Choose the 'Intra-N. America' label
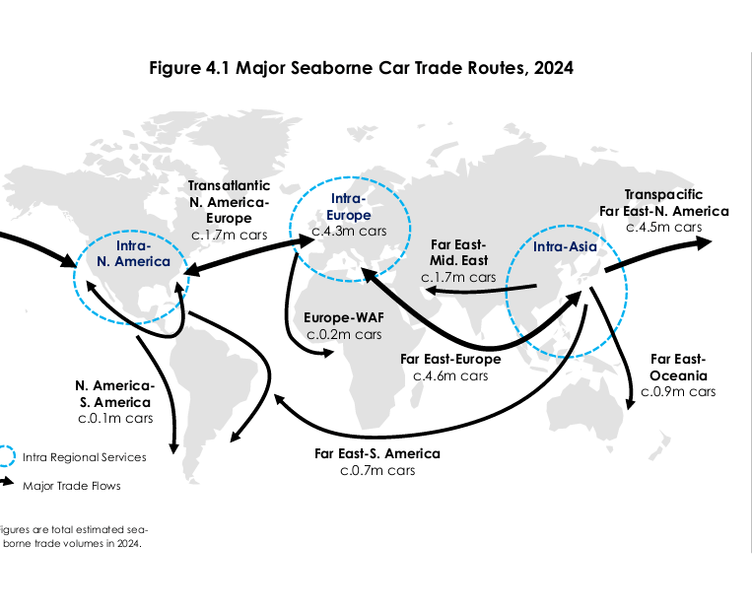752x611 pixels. [128, 253]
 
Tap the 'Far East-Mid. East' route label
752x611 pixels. [458, 253]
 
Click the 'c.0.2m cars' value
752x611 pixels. [341, 335]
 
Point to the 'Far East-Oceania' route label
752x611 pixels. [678, 368]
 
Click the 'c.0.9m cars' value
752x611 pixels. [678, 392]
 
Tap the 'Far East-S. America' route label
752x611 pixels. [377, 453]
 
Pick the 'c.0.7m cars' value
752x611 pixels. [377, 471]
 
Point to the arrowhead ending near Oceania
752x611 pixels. [631, 404]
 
